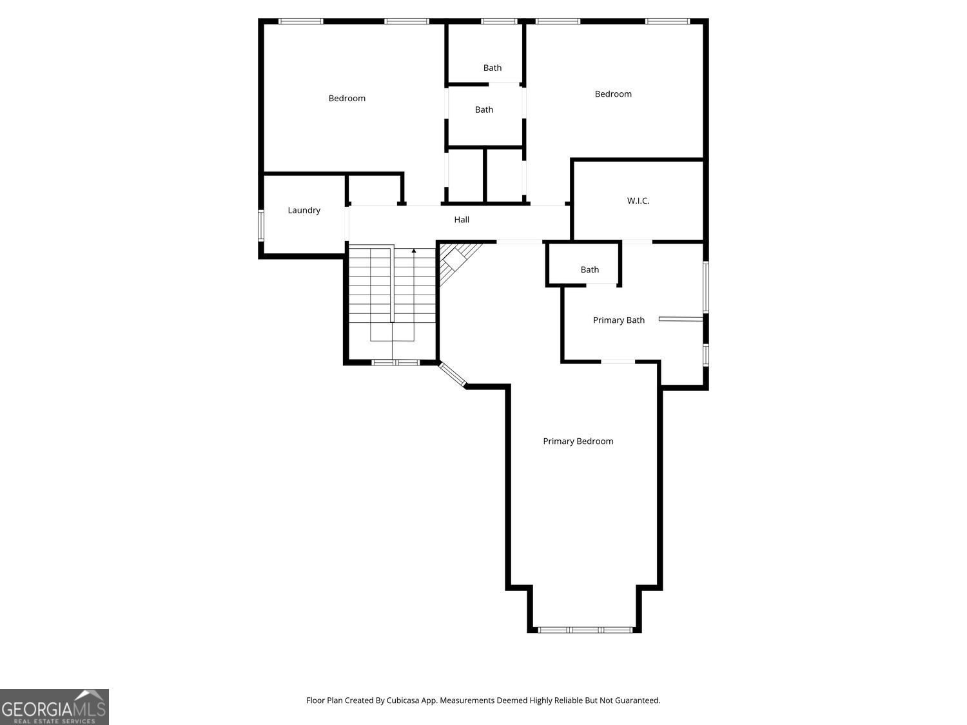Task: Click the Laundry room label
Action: click(304, 211)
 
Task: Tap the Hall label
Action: click(462, 220)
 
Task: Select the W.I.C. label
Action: click(638, 200)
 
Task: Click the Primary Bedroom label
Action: click(578, 441)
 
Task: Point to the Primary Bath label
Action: click(618, 320)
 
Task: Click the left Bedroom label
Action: click(347, 98)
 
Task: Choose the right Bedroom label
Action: click(613, 93)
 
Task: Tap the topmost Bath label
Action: click(492, 68)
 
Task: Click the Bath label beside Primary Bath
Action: click(589, 269)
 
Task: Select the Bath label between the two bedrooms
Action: click(484, 110)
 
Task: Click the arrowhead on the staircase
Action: click(414, 251)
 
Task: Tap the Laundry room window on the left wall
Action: click(261, 226)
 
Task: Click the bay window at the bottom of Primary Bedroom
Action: click(585, 630)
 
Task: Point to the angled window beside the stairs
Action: click(453, 374)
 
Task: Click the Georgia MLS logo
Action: click(54, 706)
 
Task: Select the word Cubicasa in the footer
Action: click(403, 701)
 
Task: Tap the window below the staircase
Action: click(395, 363)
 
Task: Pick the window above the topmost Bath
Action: click(499, 21)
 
